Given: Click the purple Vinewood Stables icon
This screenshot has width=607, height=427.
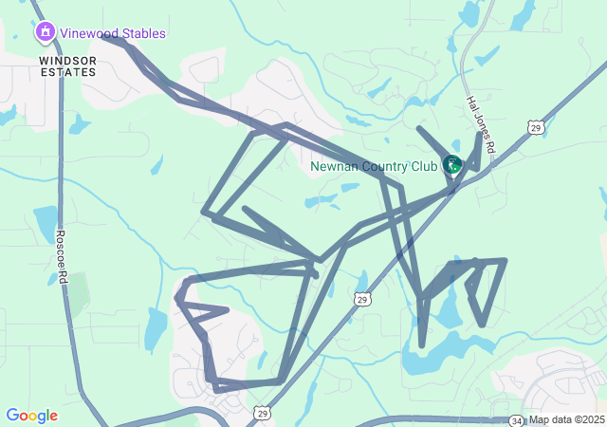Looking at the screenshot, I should tap(45, 33).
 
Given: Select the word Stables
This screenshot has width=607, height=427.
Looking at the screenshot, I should tap(142, 33).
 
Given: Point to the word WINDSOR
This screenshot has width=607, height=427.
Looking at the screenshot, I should tap(67, 59).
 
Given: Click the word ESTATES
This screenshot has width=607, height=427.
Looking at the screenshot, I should tap(67, 71).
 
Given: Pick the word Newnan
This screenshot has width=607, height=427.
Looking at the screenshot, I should tap(333, 166).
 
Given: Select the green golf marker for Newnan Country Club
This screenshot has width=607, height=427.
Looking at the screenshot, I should tap(452, 165).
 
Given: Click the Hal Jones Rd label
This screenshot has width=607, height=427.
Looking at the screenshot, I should tap(480, 124).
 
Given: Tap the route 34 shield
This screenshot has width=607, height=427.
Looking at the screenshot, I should tap(516, 419).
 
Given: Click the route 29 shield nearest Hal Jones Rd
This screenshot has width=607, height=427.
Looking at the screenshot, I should tap(536, 126).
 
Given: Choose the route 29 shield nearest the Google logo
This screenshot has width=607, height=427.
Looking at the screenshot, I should tap(263, 413).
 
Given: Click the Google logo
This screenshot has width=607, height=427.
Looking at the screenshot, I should tap(31, 416).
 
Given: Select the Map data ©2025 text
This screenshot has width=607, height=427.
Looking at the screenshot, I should tap(566, 419).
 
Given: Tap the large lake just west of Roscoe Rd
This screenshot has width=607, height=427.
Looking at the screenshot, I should tap(46, 222).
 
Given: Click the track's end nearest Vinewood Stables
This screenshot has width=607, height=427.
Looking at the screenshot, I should tap(104, 38).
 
